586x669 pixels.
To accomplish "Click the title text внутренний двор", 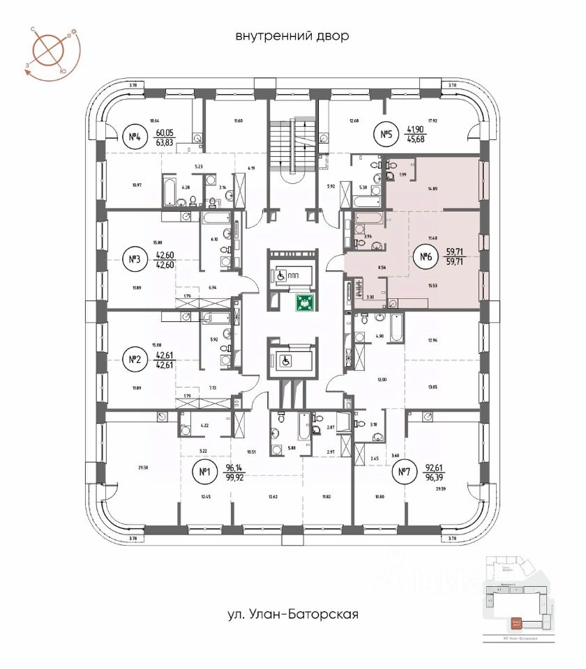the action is pyautogui.click(x=292, y=36).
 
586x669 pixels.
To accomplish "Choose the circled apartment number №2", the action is pyautogui.click(x=135, y=360).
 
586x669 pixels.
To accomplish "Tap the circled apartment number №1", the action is pyautogui.click(x=205, y=474).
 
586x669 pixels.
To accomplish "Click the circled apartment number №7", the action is pyautogui.click(x=403, y=474).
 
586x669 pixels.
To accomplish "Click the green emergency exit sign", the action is pyautogui.click(x=303, y=302).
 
